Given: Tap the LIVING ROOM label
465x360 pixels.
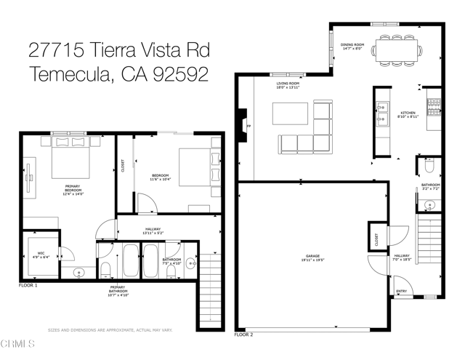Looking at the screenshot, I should coord(288,84).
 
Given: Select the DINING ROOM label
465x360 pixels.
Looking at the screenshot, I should coord(352,45).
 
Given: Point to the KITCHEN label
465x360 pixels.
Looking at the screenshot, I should coord(408,113).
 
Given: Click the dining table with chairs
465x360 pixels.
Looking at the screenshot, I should coord(396,50).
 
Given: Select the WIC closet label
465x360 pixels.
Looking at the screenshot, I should coord(41,255).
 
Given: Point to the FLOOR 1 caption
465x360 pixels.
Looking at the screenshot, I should coord(28,286).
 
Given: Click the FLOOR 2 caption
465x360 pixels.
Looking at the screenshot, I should coord(243,335).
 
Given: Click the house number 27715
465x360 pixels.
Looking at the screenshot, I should coord(55,50).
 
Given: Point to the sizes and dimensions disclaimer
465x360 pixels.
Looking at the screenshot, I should coord(110,329).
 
